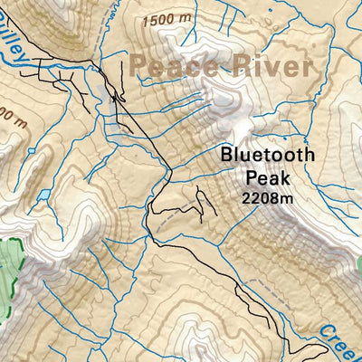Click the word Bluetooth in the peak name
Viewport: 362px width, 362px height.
pos(267,155)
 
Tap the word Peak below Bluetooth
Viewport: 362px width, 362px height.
pos(267,177)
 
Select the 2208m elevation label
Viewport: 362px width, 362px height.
pos(267,197)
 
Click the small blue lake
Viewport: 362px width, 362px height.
pos(43,194)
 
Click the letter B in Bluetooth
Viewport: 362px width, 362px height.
pos(226,155)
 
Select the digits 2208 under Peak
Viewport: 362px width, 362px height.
pos(262,197)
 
